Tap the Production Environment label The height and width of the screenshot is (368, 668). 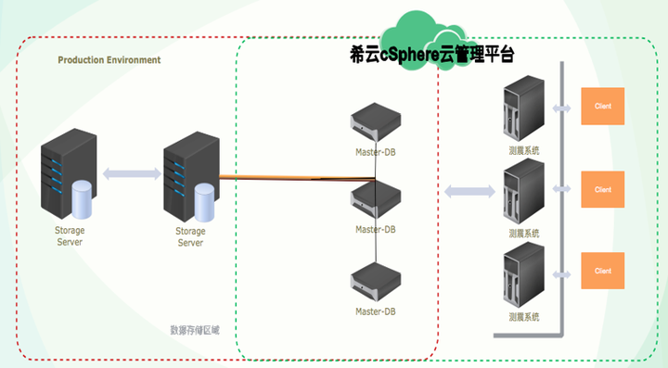click(109, 59)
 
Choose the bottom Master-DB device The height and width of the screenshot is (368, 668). click(376, 277)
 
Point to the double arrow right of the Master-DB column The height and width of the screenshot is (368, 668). click(469, 191)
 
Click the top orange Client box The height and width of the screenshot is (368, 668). click(602, 106)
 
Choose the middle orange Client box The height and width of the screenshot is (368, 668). click(602, 189)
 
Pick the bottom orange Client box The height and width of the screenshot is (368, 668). click(602, 270)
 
